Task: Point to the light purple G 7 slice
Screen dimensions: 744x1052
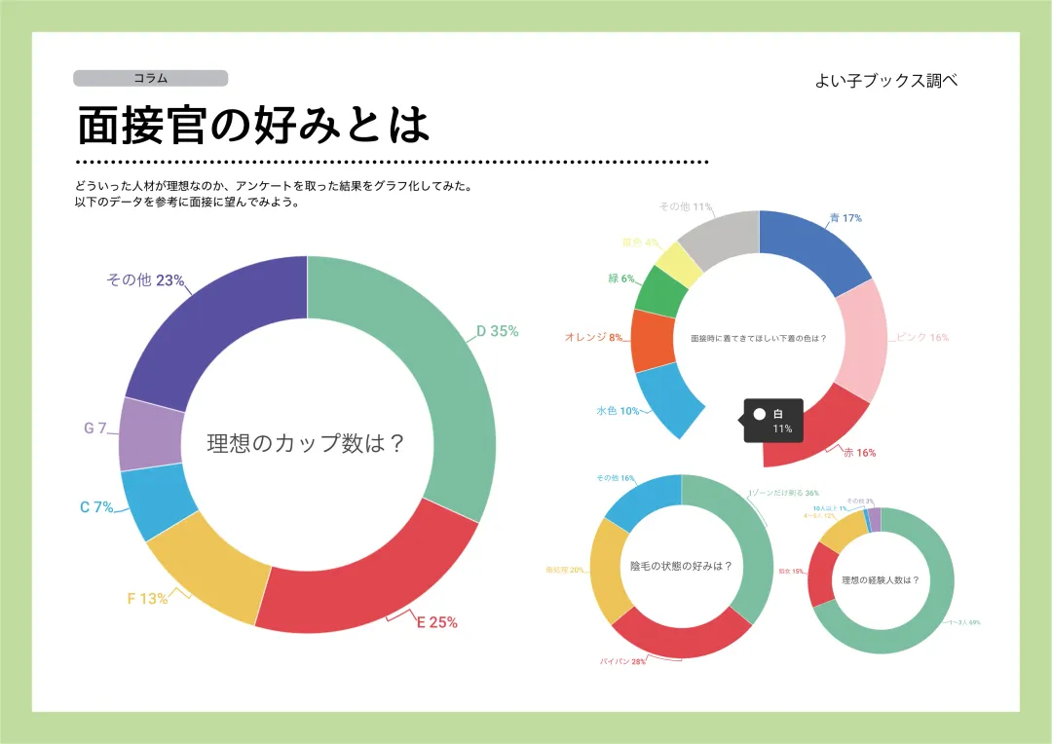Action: pyautogui.click(x=149, y=433)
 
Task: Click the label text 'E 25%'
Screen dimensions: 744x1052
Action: pyautogui.click(x=436, y=622)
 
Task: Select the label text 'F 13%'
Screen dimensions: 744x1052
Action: pyautogui.click(x=148, y=599)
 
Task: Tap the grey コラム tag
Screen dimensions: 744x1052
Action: pyautogui.click(x=150, y=78)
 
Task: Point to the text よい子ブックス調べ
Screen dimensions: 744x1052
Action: pyautogui.click(x=886, y=82)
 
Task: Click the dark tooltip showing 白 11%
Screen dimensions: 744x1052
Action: pyautogui.click(x=773, y=421)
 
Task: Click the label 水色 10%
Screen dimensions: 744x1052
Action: pyautogui.click(x=618, y=411)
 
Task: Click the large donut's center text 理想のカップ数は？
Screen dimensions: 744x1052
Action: pyautogui.click(x=306, y=444)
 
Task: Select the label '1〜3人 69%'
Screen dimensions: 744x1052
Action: pyautogui.click(x=964, y=622)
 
